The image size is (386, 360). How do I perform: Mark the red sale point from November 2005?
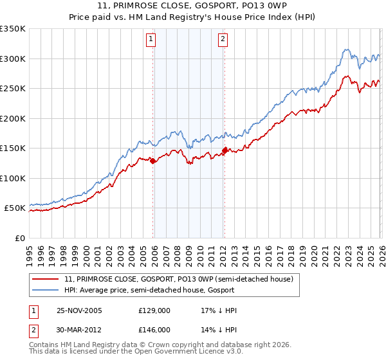[x=153, y=161]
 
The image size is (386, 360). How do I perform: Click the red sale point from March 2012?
[x=225, y=150]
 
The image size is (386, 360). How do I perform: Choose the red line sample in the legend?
[x=46, y=279]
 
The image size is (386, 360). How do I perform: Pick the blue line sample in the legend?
[x=46, y=291]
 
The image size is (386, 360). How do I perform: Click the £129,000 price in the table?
[x=154, y=310]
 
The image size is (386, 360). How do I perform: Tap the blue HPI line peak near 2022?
[x=346, y=50]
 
